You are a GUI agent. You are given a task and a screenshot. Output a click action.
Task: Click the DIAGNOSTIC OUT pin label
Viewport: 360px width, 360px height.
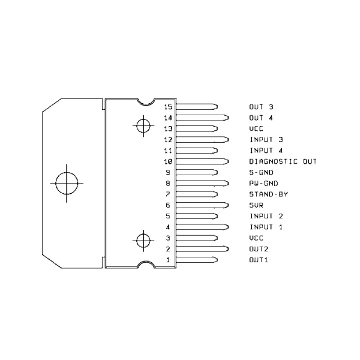(x=283, y=161)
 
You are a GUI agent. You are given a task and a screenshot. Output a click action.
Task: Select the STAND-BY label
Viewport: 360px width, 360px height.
(x=268, y=194)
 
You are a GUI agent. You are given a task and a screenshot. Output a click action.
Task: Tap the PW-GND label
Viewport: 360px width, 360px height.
(x=263, y=184)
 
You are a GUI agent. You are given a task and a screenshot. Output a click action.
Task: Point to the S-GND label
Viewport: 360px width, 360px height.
(x=261, y=172)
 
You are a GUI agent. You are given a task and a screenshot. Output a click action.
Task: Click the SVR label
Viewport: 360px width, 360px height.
(x=256, y=205)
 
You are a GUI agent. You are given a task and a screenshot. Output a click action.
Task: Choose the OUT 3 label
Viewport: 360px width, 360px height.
(x=261, y=107)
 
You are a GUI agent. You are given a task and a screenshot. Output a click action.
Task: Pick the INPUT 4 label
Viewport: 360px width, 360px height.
(x=266, y=151)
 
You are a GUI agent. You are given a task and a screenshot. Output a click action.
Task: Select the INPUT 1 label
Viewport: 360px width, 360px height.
(x=266, y=227)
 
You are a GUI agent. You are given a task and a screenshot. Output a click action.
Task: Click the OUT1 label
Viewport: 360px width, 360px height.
(x=259, y=260)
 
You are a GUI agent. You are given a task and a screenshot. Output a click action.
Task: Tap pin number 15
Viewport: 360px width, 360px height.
(x=168, y=107)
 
